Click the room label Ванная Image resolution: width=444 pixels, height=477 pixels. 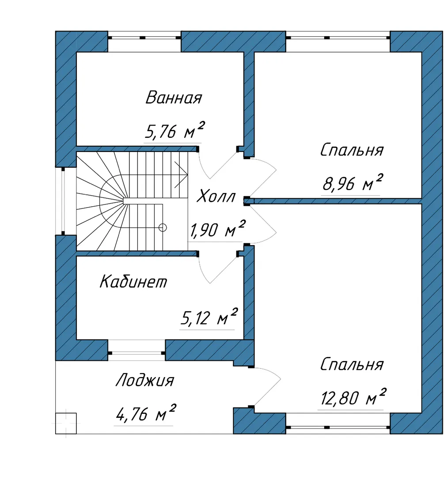[x=174, y=98]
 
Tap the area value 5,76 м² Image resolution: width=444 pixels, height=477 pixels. [x=174, y=130]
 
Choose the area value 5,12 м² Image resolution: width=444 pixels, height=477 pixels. [x=209, y=317]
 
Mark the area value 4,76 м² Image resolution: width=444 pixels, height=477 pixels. [x=145, y=413]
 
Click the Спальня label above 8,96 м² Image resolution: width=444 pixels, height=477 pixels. [x=352, y=150]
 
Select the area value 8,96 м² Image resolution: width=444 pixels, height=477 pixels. [x=352, y=182]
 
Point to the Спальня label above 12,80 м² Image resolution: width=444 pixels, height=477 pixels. [x=352, y=364]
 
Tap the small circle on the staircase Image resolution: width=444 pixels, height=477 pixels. [x=163, y=227]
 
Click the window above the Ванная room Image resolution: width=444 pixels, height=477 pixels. [x=144, y=38]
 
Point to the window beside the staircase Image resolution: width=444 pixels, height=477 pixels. [x=63, y=201]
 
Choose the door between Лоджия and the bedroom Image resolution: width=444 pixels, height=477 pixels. [x=266, y=386]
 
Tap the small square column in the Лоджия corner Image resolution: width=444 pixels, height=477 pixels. [x=66, y=423]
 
